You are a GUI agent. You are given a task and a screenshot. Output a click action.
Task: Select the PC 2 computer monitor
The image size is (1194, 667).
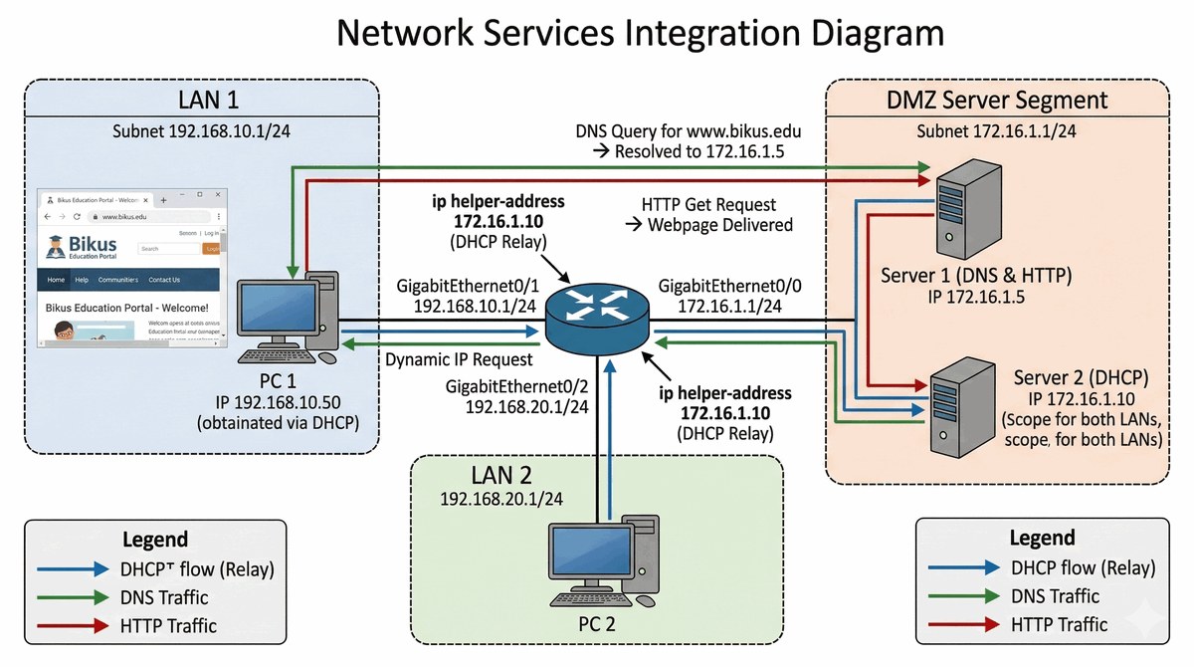(x=587, y=556)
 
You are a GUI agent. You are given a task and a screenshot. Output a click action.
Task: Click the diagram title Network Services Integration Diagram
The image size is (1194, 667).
(x=640, y=33)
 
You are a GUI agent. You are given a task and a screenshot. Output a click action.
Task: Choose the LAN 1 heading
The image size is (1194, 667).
(x=208, y=100)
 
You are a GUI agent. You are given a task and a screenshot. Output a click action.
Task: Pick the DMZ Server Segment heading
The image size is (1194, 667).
(x=996, y=100)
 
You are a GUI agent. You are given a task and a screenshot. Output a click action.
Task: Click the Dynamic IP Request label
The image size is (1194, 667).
(x=459, y=359)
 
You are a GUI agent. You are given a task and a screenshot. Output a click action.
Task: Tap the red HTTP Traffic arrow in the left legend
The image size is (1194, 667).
(x=75, y=626)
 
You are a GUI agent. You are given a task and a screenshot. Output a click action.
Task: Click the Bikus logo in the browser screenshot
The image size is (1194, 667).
(x=81, y=246)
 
